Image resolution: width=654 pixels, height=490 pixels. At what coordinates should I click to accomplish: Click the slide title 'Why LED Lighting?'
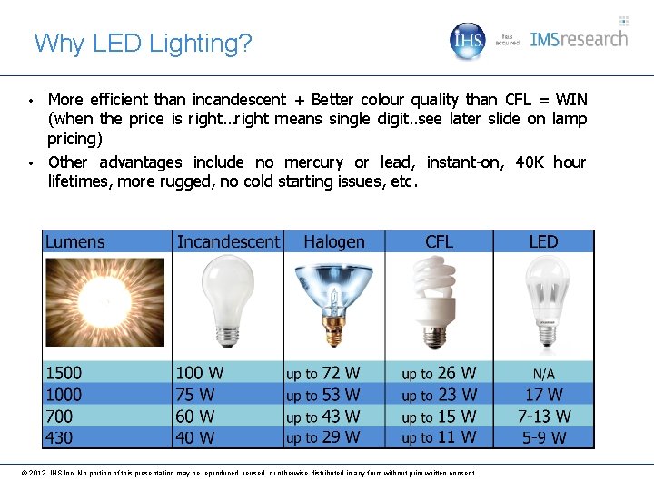point(143,43)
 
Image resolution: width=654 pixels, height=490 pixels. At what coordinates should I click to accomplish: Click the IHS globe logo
point(469,40)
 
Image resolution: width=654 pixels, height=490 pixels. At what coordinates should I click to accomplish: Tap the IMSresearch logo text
point(579,39)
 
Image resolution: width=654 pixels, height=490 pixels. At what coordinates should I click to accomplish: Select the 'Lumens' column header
point(75,242)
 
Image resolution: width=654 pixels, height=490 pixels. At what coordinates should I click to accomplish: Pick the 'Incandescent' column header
point(228,242)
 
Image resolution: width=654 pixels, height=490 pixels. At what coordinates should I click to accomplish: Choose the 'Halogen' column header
point(334,242)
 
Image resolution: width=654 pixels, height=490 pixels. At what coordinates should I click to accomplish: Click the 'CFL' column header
point(439,242)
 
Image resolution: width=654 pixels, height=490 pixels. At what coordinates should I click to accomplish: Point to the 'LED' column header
point(543,242)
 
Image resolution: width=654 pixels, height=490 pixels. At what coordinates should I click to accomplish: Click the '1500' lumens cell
point(64,373)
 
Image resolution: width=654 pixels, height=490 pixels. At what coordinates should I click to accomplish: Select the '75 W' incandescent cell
point(195,395)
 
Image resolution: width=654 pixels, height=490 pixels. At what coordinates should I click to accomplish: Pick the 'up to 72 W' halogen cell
point(323,373)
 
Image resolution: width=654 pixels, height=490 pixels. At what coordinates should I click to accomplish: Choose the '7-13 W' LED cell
point(544,416)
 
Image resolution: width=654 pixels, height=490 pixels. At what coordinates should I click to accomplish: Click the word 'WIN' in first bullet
point(570,99)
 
